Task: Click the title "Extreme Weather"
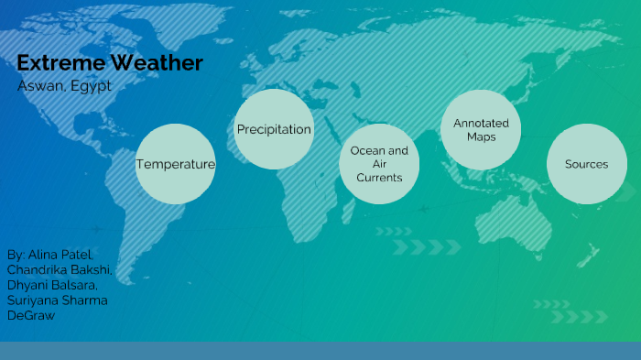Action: pos(110,63)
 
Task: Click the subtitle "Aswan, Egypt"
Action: pos(64,85)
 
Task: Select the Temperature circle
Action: pos(176,164)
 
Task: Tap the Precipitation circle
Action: pos(274,129)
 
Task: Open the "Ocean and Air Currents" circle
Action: pos(379,164)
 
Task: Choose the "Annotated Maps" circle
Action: pos(481,129)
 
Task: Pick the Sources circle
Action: pos(586,164)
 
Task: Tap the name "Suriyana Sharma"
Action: pos(55,300)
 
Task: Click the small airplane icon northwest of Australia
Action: pos(423,209)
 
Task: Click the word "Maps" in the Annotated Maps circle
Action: pos(481,137)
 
